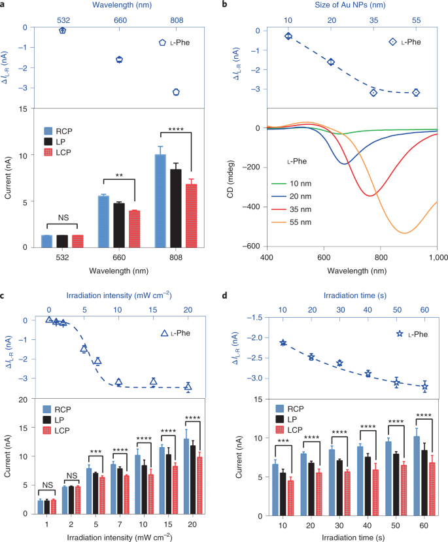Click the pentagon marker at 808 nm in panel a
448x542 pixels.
point(176,92)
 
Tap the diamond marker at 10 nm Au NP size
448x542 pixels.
point(288,36)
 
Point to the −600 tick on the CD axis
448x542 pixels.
point(252,246)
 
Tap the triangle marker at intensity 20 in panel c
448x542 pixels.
point(188,387)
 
